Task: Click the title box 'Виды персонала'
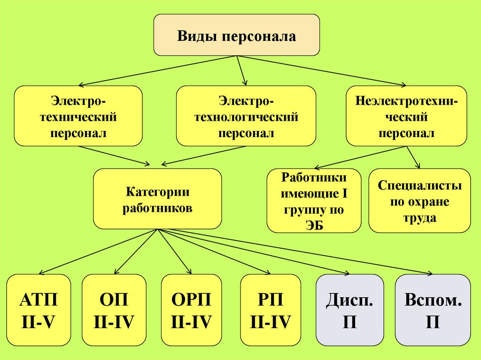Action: pyautogui.click(x=237, y=35)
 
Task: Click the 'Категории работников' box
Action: pyautogui.click(x=157, y=199)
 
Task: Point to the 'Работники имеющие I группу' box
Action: pyautogui.click(x=314, y=201)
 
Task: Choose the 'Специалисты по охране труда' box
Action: pyautogui.click(x=419, y=201)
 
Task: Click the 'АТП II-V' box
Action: pyautogui.click(x=39, y=310)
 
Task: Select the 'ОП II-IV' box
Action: pyautogui.click(x=115, y=310)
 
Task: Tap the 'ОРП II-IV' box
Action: pyautogui.click(x=191, y=310)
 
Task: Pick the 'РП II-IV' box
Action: pyautogui.click(x=271, y=310)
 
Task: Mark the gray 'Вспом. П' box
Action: pyautogui.click(x=433, y=310)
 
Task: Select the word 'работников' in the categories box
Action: pyautogui.click(x=157, y=208)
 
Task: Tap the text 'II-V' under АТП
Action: pyautogui.click(x=39, y=322)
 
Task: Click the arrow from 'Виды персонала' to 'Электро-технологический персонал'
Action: pyautogui.click(x=241, y=70)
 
